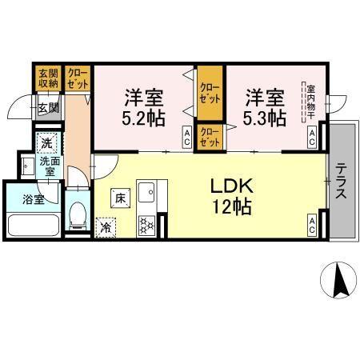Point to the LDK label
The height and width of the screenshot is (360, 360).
point(232,186)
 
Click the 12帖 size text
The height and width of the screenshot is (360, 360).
point(232,208)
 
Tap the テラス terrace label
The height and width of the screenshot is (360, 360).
point(341,183)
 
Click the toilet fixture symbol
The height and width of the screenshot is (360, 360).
point(78,214)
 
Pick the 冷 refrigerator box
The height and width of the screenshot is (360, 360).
point(106,228)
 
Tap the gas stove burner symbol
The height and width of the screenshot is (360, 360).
point(148,226)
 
